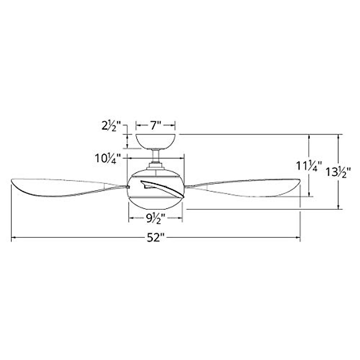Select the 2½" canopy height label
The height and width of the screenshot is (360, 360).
111,126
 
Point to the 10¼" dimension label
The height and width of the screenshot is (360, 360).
109,158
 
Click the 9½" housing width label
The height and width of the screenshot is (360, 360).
155,218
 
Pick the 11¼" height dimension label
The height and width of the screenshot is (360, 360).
309,166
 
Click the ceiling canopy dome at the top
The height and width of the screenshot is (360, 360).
156,142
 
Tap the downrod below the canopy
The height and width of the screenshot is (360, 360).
156,156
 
